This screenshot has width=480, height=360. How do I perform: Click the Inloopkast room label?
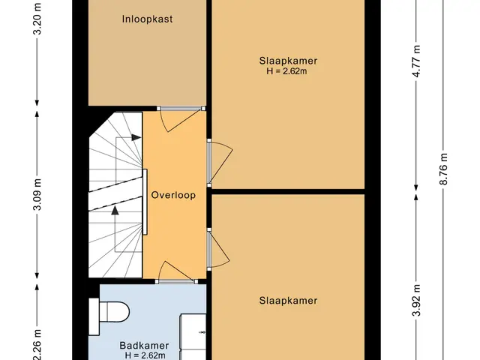pyautogui.click(x=147, y=19)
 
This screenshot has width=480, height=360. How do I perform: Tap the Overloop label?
pyautogui.click(x=173, y=195)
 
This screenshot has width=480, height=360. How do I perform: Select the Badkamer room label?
pyautogui.click(x=144, y=346)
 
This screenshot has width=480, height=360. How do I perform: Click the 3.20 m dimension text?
pyautogui.click(x=37, y=18)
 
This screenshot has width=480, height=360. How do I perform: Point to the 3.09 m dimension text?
pyautogui.click(x=37, y=195)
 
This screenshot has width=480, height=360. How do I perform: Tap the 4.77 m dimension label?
pyautogui.click(x=416, y=61)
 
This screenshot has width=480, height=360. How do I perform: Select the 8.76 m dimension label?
pyautogui.click(x=443, y=169)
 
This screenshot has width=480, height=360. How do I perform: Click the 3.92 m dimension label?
pyautogui.click(x=416, y=300)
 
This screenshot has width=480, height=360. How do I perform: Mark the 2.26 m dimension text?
pyautogui.click(x=37, y=344)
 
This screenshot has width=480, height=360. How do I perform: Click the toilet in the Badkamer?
pyautogui.click(x=109, y=312)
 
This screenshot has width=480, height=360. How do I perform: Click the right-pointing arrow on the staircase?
pyautogui.click(x=136, y=138)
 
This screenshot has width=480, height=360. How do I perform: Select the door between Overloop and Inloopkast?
pyautogui.click(x=181, y=118)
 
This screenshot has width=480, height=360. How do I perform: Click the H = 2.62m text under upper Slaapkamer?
pyautogui.click(x=286, y=71)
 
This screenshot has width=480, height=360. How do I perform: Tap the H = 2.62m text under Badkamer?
pyautogui.click(x=145, y=355)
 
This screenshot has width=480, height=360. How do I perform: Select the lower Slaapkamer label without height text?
pyautogui.click(x=288, y=300)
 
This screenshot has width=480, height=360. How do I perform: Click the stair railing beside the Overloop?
pyautogui.click(x=145, y=202)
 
